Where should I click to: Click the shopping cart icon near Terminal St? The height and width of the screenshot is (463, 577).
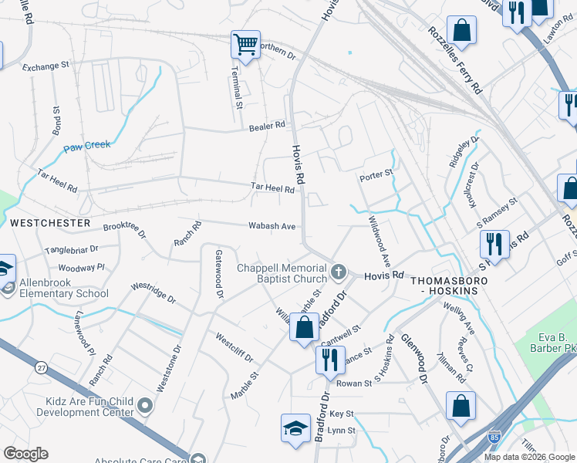coord(245,45)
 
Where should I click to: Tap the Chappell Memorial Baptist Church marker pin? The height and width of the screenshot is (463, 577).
coord(338,272)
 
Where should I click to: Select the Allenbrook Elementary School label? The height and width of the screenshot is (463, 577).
coord(59,287)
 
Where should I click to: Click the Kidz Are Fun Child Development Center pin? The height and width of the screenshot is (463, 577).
coord(144,406)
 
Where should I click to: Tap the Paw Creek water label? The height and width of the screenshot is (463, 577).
coord(87,145)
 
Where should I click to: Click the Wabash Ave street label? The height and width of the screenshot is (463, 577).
coord(272,226)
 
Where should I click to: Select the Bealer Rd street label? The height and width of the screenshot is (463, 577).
coord(267,125)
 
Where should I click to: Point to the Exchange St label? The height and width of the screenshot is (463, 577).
coord(46,67)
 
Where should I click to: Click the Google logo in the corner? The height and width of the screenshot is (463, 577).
coord(25,454)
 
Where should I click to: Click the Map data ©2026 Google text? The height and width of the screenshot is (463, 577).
coord(529,457)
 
